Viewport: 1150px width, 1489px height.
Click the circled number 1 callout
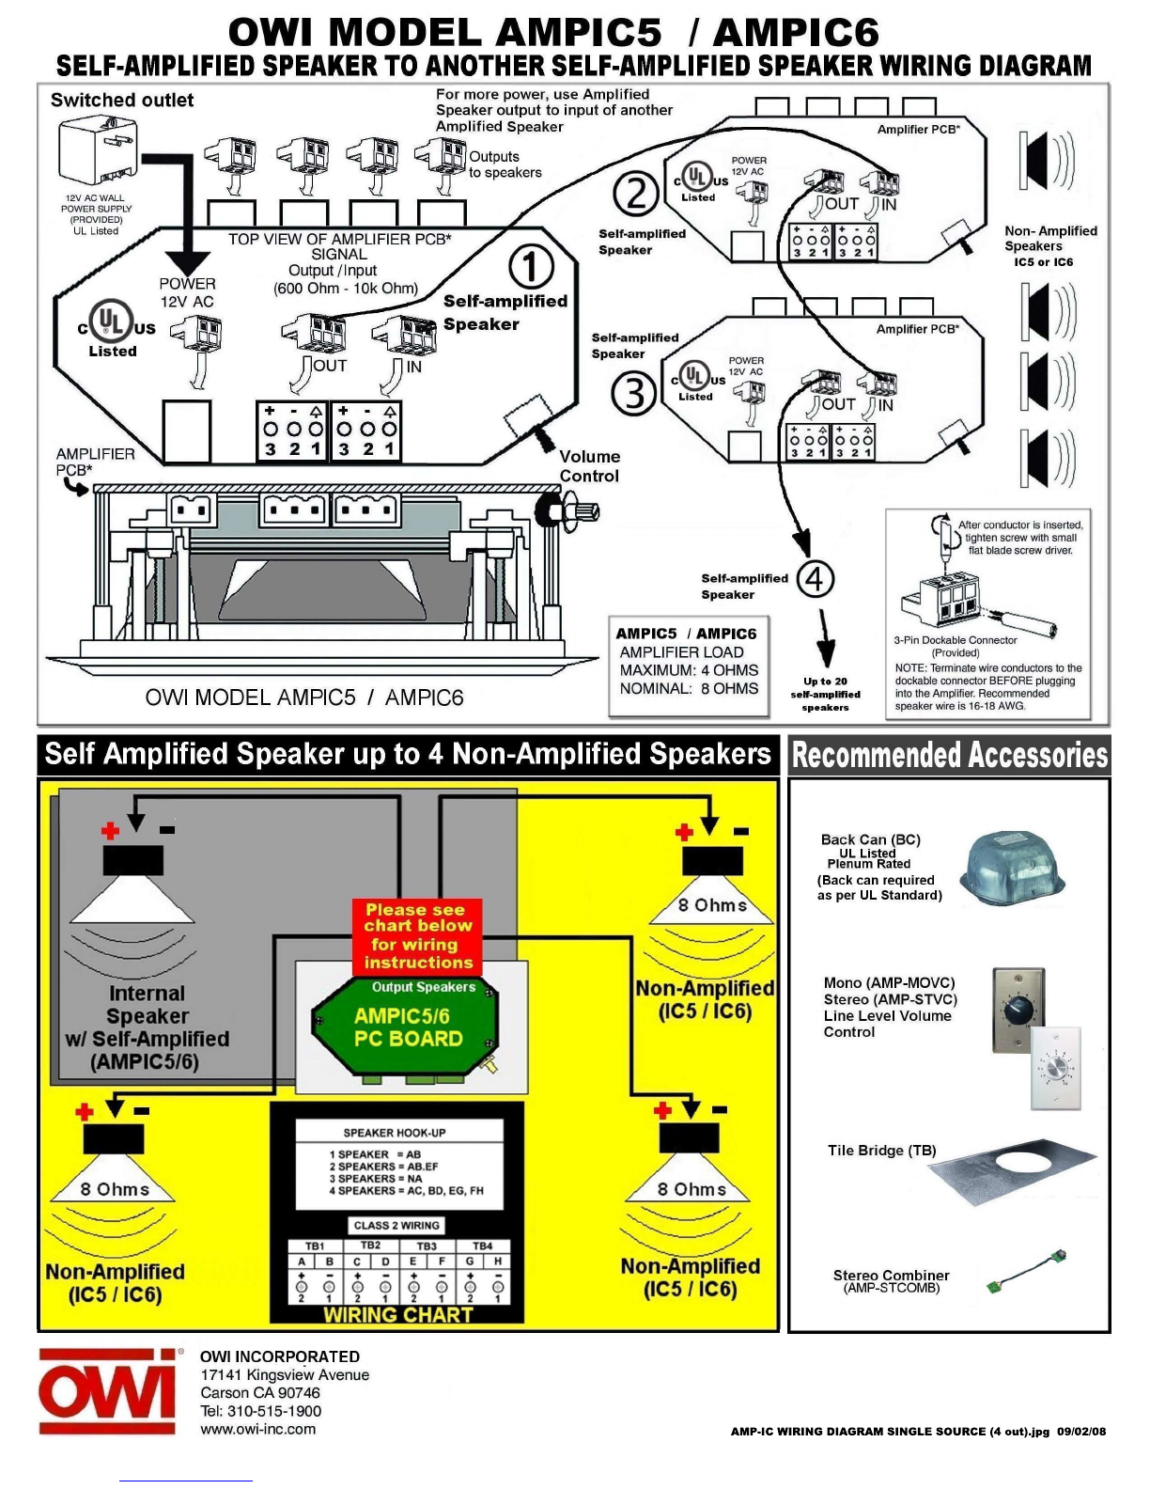pyautogui.click(x=531, y=267)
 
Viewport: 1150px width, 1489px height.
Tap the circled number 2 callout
pyautogui.click(x=636, y=194)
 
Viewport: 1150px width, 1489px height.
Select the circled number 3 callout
pyautogui.click(x=634, y=393)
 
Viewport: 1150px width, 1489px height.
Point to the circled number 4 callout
pyautogui.click(x=816, y=578)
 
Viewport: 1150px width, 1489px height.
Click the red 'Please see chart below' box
pyautogui.click(x=418, y=936)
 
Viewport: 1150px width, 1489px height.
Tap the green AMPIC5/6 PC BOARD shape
pyautogui.click(x=406, y=1028)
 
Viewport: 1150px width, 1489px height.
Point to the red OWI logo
pyautogui.click(x=108, y=1391)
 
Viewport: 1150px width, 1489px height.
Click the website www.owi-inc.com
pyautogui.click(x=258, y=1429)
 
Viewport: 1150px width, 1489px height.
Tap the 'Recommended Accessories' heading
pyautogui.click(x=950, y=755)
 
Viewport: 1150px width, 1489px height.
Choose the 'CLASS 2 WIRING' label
pyautogui.click(x=396, y=1225)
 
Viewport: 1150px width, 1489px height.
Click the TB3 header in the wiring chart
pyautogui.click(x=427, y=1246)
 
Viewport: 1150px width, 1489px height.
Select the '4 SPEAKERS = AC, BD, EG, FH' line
pyautogui.click(x=406, y=1190)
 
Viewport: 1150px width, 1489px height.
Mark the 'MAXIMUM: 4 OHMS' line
pyautogui.click(x=689, y=670)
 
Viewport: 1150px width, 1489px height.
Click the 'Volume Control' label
pyautogui.click(x=589, y=466)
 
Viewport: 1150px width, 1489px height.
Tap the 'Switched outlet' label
pyautogui.click(x=122, y=100)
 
